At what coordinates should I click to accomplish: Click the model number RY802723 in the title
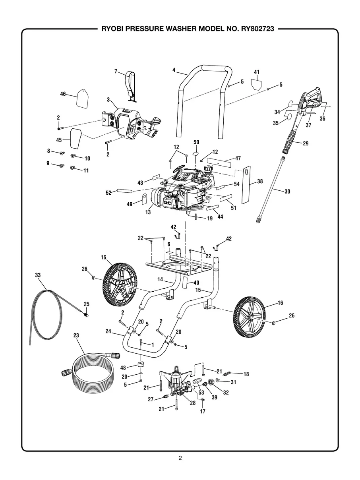coord(254,29)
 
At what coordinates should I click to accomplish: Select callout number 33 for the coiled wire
coord(38,275)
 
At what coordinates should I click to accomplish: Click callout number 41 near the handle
coord(257,72)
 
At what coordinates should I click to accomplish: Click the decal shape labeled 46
coord(83,98)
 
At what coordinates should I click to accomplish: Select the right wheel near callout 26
coord(250,316)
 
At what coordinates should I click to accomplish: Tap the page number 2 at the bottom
coord(180,458)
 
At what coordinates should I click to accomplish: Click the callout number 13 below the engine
coord(148,213)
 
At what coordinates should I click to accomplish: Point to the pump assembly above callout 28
coord(177,381)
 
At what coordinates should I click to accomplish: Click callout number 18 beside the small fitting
coord(246,374)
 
